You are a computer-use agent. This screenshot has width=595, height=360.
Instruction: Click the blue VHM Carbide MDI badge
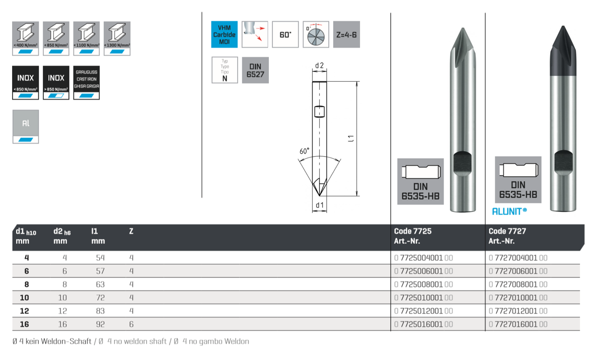(x=224, y=34)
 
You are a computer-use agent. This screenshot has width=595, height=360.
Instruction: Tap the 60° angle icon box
(x=285, y=34)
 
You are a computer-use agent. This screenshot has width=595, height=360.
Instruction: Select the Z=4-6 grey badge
(x=346, y=34)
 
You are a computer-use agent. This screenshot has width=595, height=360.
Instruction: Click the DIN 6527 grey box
(x=255, y=70)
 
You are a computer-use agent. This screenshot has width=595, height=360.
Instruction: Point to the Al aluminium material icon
(x=26, y=126)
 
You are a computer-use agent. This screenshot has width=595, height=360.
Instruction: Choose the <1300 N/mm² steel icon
(x=117, y=38)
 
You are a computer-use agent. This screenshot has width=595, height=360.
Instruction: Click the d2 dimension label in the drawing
(x=319, y=65)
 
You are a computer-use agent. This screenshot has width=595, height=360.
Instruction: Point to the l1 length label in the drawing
(x=352, y=138)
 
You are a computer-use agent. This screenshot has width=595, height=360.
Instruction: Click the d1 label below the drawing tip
(x=319, y=205)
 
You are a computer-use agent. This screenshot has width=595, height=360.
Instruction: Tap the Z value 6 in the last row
(x=131, y=324)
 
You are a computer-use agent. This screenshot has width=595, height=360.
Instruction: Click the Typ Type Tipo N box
(x=225, y=70)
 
